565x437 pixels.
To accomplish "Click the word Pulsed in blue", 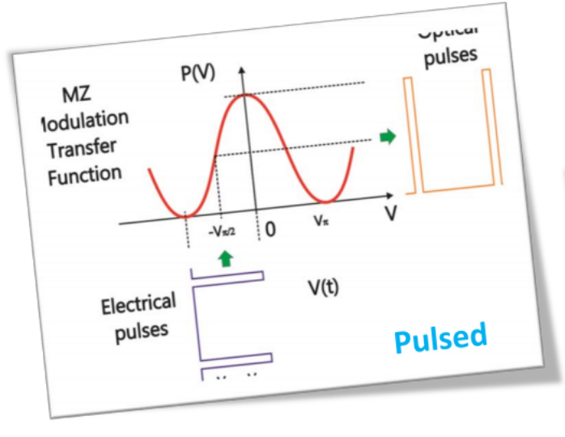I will tap(440, 337).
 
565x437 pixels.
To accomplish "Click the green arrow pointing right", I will tap(389, 138).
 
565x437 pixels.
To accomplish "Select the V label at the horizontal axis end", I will tap(391, 213).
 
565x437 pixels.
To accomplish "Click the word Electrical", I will tap(138, 306).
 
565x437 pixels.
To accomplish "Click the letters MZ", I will tap(70, 96).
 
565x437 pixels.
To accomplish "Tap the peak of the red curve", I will tap(246, 96).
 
